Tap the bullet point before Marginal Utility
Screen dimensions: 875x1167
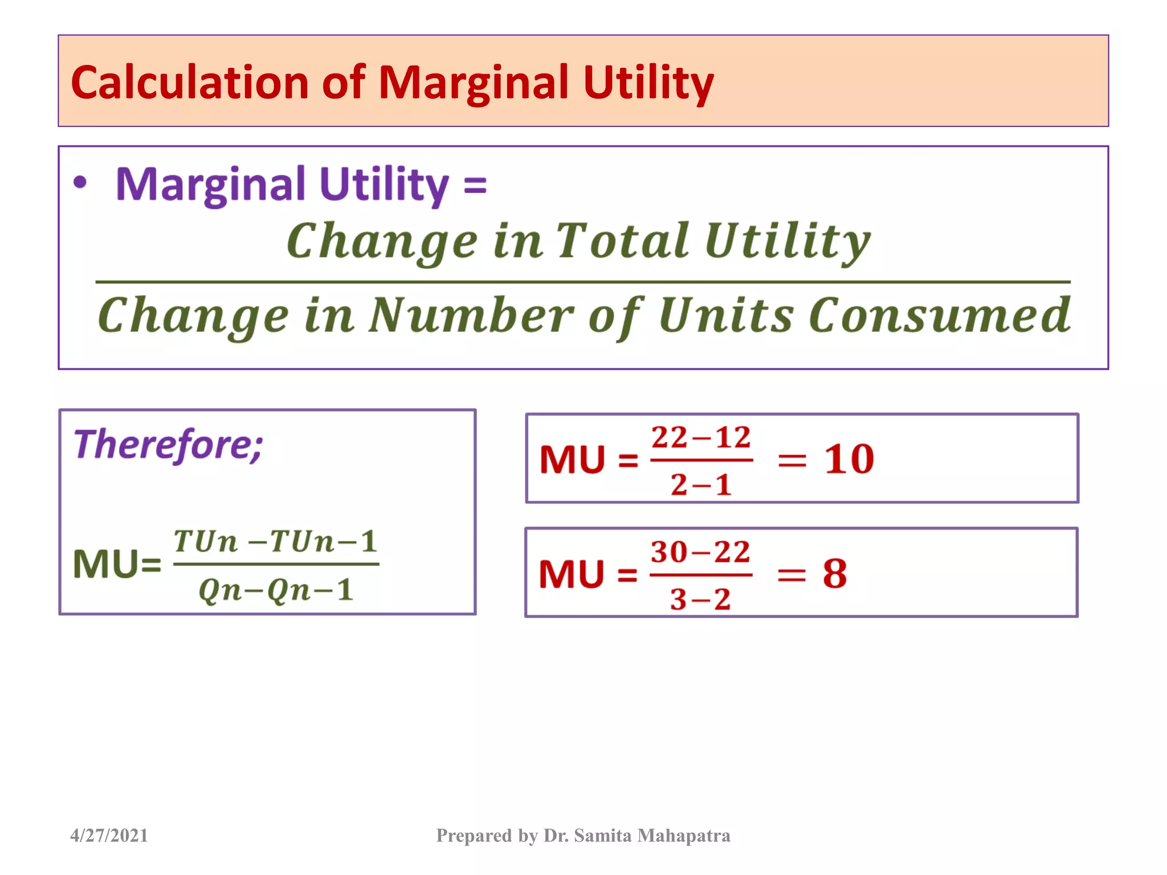click(80, 183)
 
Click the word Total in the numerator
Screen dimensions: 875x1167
click(622, 241)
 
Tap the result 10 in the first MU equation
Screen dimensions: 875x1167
click(848, 459)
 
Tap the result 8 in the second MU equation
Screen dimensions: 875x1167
click(835, 573)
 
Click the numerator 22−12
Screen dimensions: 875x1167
click(701, 438)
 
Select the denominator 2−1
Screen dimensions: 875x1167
click(701, 485)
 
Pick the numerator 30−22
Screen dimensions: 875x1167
click(700, 552)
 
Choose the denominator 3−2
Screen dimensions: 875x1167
click(700, 599)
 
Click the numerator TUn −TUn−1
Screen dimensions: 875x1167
click(276, 541)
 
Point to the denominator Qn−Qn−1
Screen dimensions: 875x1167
click(276, 590)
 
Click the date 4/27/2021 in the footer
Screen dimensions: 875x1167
click(109, 835)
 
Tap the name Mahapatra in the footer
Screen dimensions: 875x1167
click(684, 835)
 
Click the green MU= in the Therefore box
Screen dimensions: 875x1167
click(117, 565)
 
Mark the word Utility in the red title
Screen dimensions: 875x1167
click(648, 83)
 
